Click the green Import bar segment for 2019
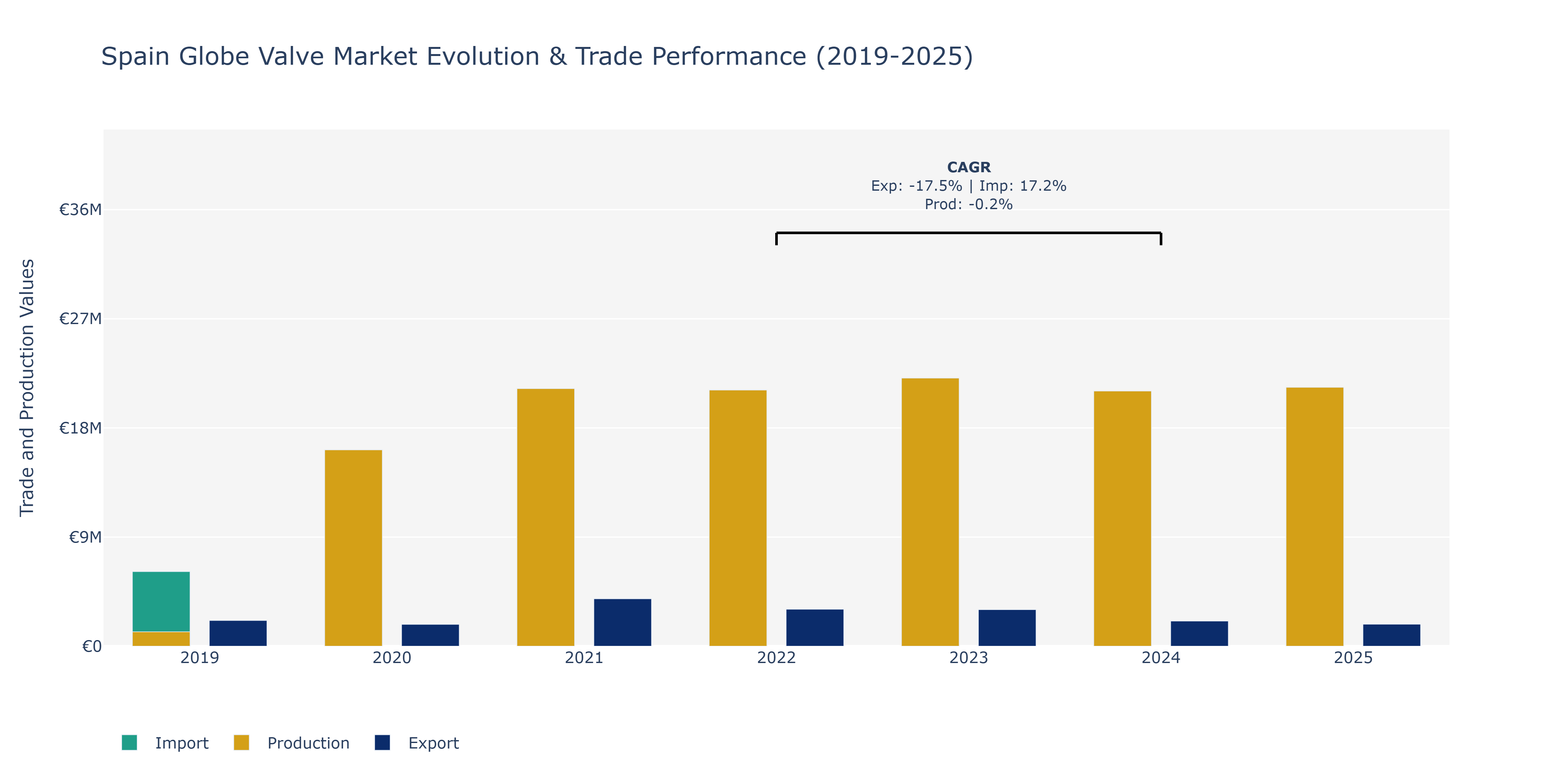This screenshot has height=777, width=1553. tap(161, 602)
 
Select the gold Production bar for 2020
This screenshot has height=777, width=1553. tap(353, 548)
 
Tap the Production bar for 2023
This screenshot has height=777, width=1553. tap(930, 512)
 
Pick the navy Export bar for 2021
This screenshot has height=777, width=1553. tap(623, 623)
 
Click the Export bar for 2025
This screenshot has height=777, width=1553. tap(1392, 635)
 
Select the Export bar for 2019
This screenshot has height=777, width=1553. tap(238, 634)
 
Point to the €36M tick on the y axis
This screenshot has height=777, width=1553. tap(80, 210)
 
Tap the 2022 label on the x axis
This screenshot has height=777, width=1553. tap(776, 658)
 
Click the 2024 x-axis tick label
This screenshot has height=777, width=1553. tap(1161, 658)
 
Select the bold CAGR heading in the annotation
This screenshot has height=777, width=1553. tap(969, 167)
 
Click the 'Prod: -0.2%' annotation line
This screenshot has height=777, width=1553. tap(969, 205)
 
